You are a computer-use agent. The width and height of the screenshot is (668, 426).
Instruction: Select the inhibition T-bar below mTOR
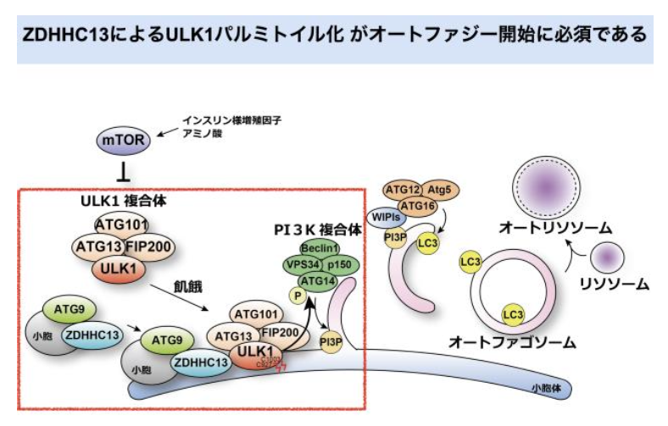(124, 174)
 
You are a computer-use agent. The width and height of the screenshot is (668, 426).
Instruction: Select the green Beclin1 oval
(320, 248)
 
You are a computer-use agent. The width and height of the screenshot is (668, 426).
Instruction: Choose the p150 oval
(341, 265)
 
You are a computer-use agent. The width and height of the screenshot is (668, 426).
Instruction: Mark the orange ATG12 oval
(404, 190)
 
